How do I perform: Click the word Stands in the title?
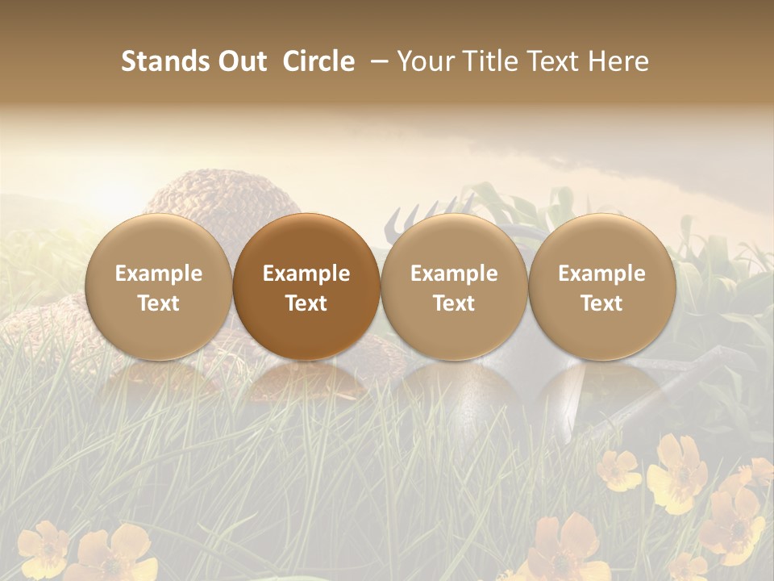click(164, 61)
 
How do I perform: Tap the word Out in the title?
click(239, 61)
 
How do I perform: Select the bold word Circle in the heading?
click(318, 61)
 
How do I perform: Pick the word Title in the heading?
click(488, 61)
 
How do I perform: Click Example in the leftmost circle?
click(159, 274)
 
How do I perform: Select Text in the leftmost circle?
click(159, 303)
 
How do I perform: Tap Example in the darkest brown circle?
click(306, 274)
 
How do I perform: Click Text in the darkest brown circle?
click(306, 303)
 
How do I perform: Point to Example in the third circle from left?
click(454, 274)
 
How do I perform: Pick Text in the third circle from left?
click(454, 303)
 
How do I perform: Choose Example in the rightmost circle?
click(601, 274)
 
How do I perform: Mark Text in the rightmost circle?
click(601, 303)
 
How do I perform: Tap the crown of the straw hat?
click(206, 194)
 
